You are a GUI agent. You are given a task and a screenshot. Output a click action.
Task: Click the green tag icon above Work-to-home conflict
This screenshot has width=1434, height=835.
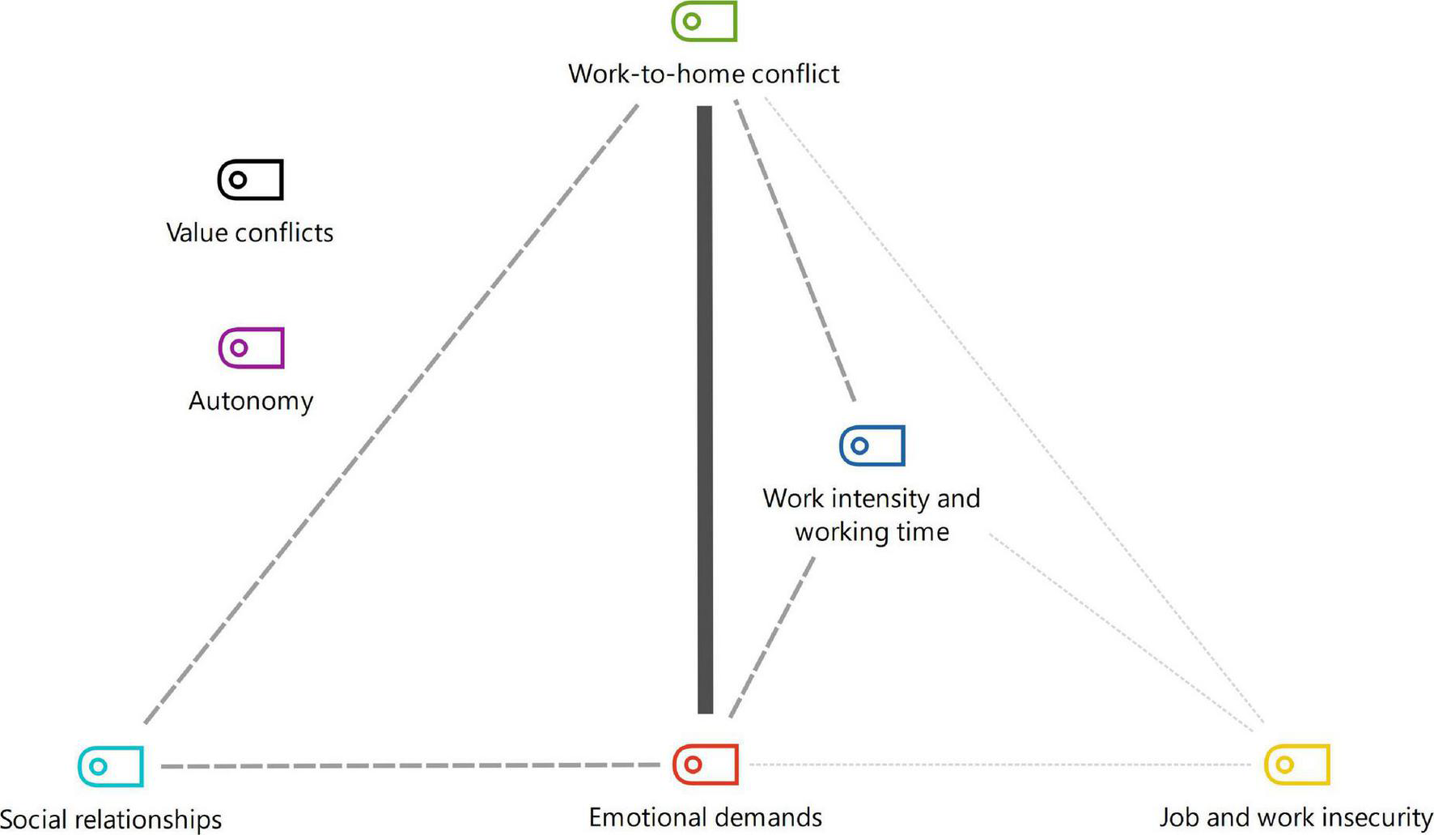(x=704, y=21)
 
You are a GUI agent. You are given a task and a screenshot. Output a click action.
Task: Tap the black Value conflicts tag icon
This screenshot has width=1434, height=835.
(x=250, y=180)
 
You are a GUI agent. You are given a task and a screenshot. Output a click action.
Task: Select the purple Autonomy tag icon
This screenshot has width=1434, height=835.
(x=251, y=348)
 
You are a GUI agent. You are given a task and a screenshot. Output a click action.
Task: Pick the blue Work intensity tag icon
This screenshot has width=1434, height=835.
(x=872, y=445)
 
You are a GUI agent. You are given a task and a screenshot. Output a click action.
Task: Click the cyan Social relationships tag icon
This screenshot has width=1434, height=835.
(x=110, y=766)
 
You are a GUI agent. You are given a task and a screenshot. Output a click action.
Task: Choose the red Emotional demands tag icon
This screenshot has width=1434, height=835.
(x=705, y=765)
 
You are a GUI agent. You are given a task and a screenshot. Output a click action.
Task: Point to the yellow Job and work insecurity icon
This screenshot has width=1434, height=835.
(x=1296, y=765)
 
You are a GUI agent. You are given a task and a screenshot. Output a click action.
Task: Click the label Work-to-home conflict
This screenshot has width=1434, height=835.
(x=703, y=74)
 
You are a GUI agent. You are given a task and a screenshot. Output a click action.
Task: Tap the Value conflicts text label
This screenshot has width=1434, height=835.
(x=249, y=233)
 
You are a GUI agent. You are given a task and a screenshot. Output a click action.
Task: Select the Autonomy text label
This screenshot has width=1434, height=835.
(x=251, y=401)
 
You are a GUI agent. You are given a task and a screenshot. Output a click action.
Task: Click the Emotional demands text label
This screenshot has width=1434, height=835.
(x=705, y=817)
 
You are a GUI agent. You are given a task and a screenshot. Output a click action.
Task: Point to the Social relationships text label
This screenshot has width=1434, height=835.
(x=111, y=819)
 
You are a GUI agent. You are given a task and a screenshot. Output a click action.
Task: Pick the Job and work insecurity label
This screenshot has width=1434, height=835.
(x=1296, y=817)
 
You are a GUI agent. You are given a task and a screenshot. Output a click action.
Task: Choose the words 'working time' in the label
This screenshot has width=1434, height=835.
(x=872, y=532)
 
